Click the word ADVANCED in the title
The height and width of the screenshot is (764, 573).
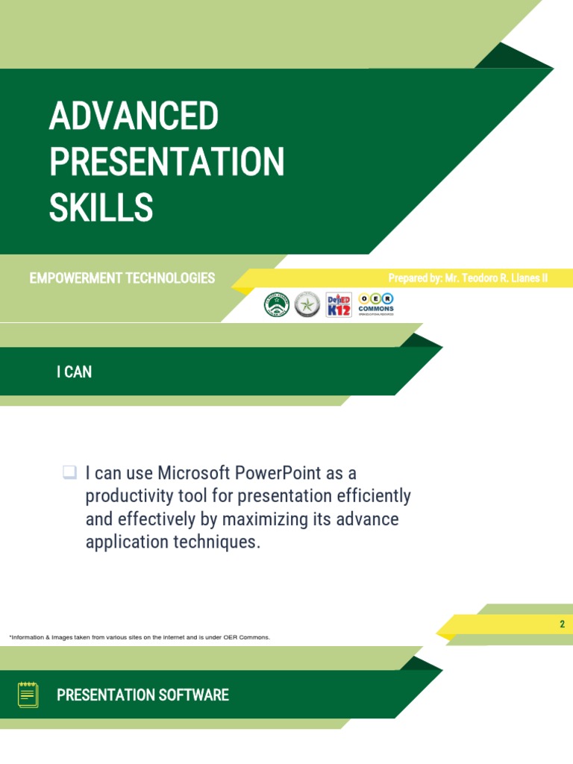click(x=134, y=116)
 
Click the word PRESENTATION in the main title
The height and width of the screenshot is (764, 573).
click(x=166, y=162)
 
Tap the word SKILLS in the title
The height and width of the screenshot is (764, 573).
click(x=101, y=207)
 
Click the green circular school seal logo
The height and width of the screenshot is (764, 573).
click(x=277, y=304)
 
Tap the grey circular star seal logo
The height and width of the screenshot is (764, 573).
click(x=307, y=304)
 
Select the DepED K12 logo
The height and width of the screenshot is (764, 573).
click(x=339, y=304)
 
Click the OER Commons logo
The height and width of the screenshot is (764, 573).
click(x=376, y=303)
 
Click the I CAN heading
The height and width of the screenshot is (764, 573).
click(x=74, y=372)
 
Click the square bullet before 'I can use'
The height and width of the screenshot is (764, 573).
click(x=69, y=472)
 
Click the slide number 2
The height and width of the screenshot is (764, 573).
click(x=563, y=624)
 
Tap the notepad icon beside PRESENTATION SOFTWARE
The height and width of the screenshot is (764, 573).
click(x=28, y=695)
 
